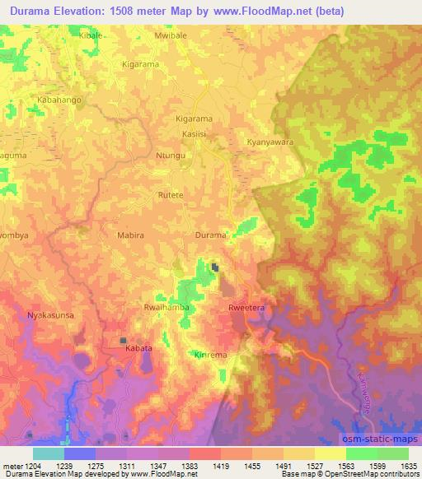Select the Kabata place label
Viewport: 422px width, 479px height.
(138, 349)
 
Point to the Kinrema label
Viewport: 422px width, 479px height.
(210, 355)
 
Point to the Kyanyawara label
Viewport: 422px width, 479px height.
(270, 142)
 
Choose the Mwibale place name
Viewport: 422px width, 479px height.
(171, 38)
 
